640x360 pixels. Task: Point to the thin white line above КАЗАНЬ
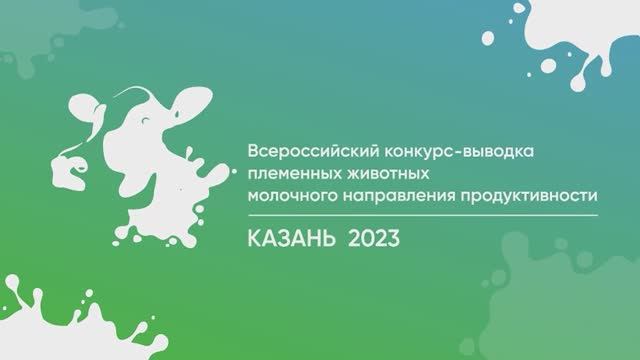coord(420,213)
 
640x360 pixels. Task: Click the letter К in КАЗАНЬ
coord(254,238)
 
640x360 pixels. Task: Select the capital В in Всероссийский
coord(251,151)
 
